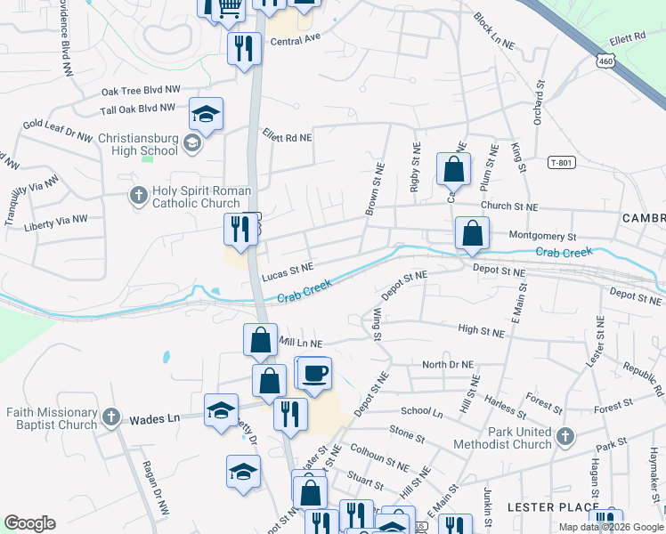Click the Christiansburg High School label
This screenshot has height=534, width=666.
(137, 143)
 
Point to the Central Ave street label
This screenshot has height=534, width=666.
(295, 42)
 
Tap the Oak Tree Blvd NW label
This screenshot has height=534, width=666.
(141, 91)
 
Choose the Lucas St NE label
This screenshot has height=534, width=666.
(288, 267)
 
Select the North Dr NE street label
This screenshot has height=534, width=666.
(448, 364)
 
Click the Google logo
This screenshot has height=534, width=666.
(29, 523)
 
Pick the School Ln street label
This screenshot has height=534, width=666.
(421, 413)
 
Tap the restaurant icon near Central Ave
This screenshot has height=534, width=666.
(243, 48)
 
